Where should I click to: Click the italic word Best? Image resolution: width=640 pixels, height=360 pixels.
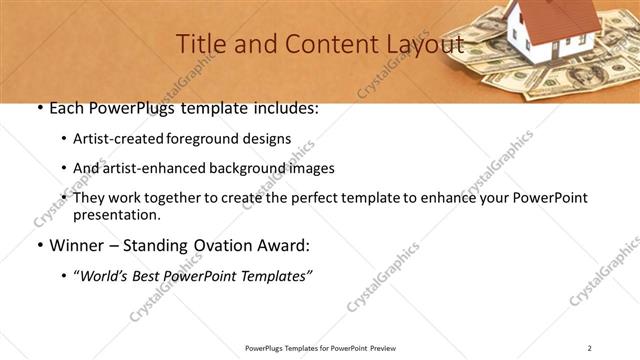tap(153, 275)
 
